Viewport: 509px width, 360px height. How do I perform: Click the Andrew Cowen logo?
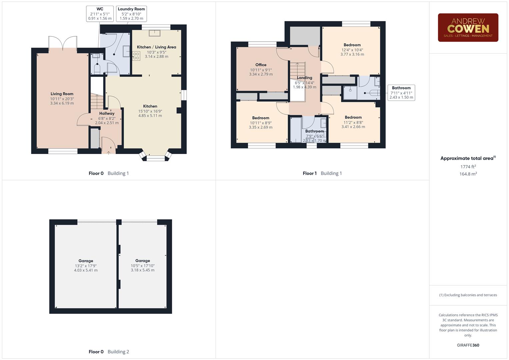pos(468,28)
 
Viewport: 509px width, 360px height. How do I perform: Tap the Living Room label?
pos(62,94)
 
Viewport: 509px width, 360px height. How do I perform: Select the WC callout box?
pos(100,14)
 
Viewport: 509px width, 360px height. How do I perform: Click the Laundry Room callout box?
pos(131,14)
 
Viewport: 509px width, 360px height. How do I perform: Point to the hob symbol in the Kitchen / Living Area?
pos(136,56)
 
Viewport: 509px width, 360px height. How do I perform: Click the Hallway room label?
pos(107,113)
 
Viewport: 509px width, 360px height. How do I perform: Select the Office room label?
pos(261,65)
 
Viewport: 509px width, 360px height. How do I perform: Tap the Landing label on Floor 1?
pos(304,78)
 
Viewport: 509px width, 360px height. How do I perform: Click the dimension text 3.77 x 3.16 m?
pos(352,54)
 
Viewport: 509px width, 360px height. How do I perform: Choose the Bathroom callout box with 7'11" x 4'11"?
pos(401,93)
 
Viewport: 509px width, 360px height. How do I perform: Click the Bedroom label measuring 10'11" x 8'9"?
pos(260,118)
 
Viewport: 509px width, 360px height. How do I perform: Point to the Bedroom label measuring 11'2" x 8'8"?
pos(353,117)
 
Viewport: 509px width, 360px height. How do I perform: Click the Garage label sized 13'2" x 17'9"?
pos(86,261)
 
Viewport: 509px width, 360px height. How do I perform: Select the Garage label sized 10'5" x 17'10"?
pos(143,261)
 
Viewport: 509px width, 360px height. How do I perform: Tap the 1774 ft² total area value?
pos(468,167)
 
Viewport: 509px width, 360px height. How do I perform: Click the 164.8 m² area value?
pos(468,174)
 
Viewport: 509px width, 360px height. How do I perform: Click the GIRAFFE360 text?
pos(468,345)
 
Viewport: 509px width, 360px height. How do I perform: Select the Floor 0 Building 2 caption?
pos(109,352)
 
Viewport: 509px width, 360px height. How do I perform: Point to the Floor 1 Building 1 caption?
pos(322,173)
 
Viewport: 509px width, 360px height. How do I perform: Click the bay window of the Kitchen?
pos(156,157)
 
